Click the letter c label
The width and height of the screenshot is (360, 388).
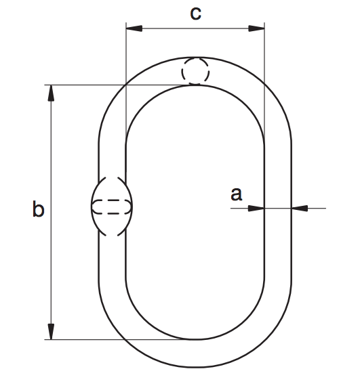pyautogui.click(x=195, y=13)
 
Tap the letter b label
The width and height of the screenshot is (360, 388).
pyautogui.click(x=38, y=210)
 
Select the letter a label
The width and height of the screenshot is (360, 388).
pyautogui.click(x=236, y=194)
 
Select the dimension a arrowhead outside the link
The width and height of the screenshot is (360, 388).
pyautogui.click(x=299, y=208)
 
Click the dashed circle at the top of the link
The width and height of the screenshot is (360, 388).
pyautogui.click(x=195, y=71)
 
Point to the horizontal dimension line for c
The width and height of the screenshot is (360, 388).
pyautogui.click(x=195, y=28)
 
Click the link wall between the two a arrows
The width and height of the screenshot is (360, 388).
pyautogui.click(x=278, y=208)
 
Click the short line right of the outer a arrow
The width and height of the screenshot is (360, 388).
pyautogui.click(x=316, y=208)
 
